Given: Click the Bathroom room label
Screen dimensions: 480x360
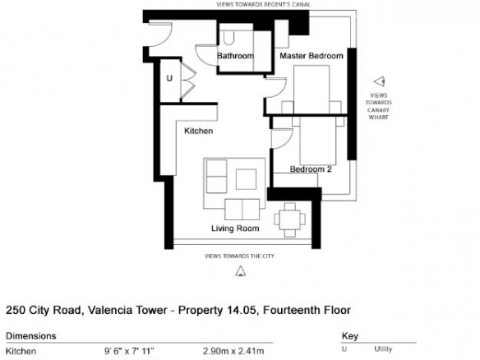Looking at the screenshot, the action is click(x=235, y=56).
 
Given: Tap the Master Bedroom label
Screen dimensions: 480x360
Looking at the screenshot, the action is click(x=312, y=56).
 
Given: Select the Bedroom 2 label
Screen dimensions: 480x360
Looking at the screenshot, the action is click(x=311, y=169).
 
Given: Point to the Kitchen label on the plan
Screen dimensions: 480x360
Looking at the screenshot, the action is click(x=198, y=131).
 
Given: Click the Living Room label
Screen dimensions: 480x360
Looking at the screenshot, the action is click(x=235, y=228).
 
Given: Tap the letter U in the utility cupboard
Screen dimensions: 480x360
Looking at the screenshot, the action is click(x=169, y=78).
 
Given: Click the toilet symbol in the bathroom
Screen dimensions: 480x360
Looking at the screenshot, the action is click(x=228, y=37).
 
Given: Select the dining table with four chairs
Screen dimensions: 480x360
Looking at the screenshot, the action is click(x=289, y=219).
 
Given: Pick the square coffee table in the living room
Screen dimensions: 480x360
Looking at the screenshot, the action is click(x=246, y=179).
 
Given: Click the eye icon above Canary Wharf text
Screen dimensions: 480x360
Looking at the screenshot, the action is click(x=379, y=81).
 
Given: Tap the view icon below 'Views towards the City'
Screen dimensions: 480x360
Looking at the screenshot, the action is click(x=240, y=271).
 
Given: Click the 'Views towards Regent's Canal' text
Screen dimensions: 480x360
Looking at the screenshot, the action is click(x=263, y=5).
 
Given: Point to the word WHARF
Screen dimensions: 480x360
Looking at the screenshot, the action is click(x=379, y=118).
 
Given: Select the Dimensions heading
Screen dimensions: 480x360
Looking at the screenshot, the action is click(x=31, y=336).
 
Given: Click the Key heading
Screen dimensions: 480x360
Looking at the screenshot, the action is click(x=350, y=336).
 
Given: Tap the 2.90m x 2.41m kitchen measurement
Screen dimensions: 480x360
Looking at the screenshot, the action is click(x=233, y=351).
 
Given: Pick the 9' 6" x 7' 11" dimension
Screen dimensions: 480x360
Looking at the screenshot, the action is click(x=129, y=351).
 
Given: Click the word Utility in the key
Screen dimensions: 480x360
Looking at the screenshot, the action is click(x=383, y=349).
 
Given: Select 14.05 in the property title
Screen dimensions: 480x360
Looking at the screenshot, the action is click(x=241, y=310).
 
